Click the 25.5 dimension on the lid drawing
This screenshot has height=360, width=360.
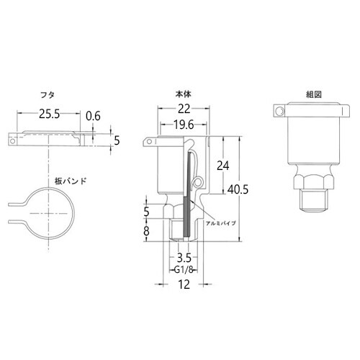(48, 114)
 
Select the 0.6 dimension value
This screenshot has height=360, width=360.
(92, 115)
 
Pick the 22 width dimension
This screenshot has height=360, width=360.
(184, 108)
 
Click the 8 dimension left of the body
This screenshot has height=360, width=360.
(147, 231)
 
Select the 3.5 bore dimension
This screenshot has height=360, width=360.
(184, 256)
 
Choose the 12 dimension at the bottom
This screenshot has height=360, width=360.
(183, 285)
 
